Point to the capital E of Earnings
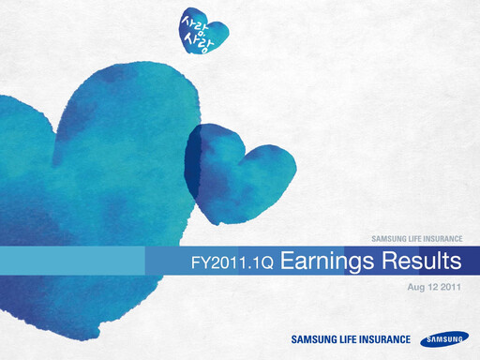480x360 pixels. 287,259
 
